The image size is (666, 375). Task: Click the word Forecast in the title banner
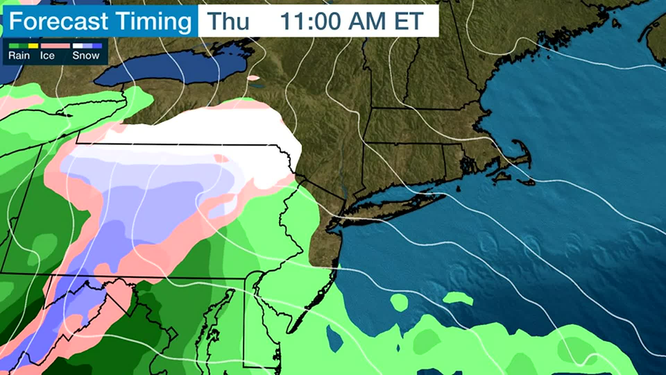[x=58, y=21]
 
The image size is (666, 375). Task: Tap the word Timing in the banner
[x=153, y=22]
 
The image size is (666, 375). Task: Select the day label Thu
[x=228, y=21]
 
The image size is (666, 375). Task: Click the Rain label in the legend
[x=19, y=56]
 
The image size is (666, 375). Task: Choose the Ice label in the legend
[x=47, y=56]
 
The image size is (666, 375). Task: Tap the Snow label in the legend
[x=86, y=56]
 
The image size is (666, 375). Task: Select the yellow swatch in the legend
[x=33, y=46]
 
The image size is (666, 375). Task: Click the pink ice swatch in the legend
[x=55, y=46]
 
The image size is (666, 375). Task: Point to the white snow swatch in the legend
[x=77, y=46]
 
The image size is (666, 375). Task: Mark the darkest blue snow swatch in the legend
[x=97, y=46]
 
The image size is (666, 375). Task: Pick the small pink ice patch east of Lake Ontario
[x=254, y=78]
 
